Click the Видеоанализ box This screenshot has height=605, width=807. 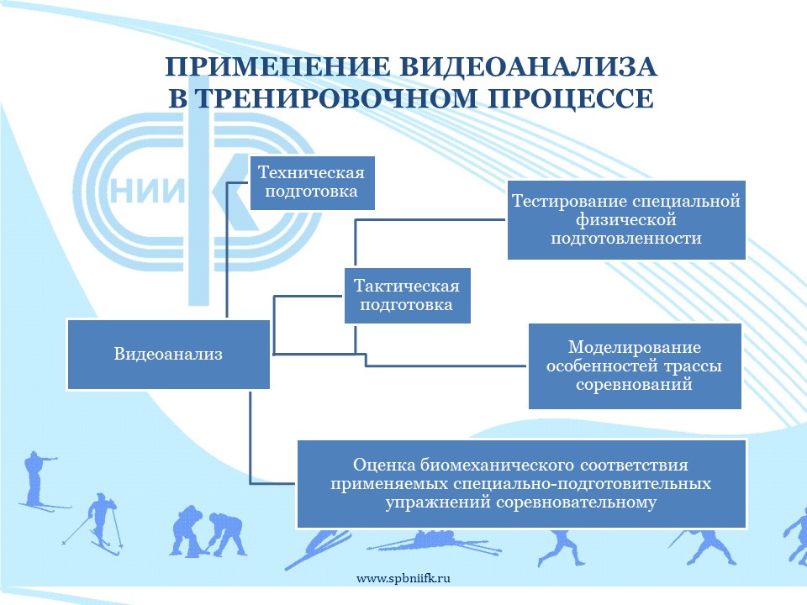point(168,355)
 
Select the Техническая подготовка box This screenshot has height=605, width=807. point(312,182)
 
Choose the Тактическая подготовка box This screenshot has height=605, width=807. point(407,295)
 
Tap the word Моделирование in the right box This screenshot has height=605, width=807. point(635,347)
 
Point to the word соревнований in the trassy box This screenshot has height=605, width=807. point(634,384)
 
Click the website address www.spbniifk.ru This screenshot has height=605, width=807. point(403,578)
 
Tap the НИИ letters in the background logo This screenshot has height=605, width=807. point(147,193)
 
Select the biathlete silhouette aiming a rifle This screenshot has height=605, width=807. point(40,481)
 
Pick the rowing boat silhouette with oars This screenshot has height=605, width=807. point(435,543)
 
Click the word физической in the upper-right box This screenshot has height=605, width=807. point(625,219)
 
